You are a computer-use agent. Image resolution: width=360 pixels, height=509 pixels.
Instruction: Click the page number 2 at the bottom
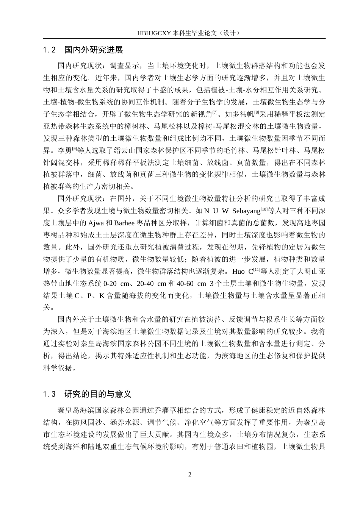190,475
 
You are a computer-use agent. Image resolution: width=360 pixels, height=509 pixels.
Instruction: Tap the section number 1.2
50,50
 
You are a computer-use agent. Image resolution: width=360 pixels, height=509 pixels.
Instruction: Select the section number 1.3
50,394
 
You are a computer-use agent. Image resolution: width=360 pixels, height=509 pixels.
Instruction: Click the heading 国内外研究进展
94,50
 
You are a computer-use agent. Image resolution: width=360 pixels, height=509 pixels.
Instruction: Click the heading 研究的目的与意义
98,394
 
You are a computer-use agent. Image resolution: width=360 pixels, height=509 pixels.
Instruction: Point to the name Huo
238,272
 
